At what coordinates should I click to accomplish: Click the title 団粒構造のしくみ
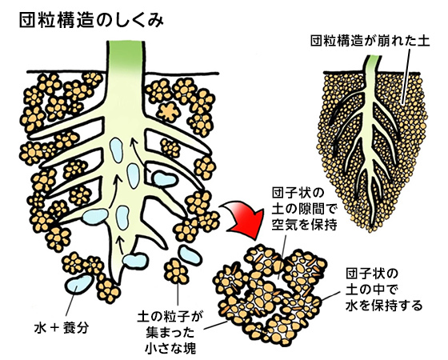[x=91, y=21]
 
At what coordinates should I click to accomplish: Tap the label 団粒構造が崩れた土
[x=370, y=41]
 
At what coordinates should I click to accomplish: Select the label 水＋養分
[x=61, y=328]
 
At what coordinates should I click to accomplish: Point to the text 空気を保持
[x=304, y=224]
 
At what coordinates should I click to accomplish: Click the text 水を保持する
[x=384, y=305]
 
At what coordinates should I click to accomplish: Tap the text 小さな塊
[x=170, y=348]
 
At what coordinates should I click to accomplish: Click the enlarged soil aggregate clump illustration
[x=271, y=294]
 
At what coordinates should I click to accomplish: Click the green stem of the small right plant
[x=372, y=65]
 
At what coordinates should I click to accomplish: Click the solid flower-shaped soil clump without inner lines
[x=168, y=111]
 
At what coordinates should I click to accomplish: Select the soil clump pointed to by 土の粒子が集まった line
[x=177, y=270]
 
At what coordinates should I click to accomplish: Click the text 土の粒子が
[x=170, y=317]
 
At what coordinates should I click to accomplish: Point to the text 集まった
[x=170, y=333]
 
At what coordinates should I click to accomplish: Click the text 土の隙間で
[x=303, y=209]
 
